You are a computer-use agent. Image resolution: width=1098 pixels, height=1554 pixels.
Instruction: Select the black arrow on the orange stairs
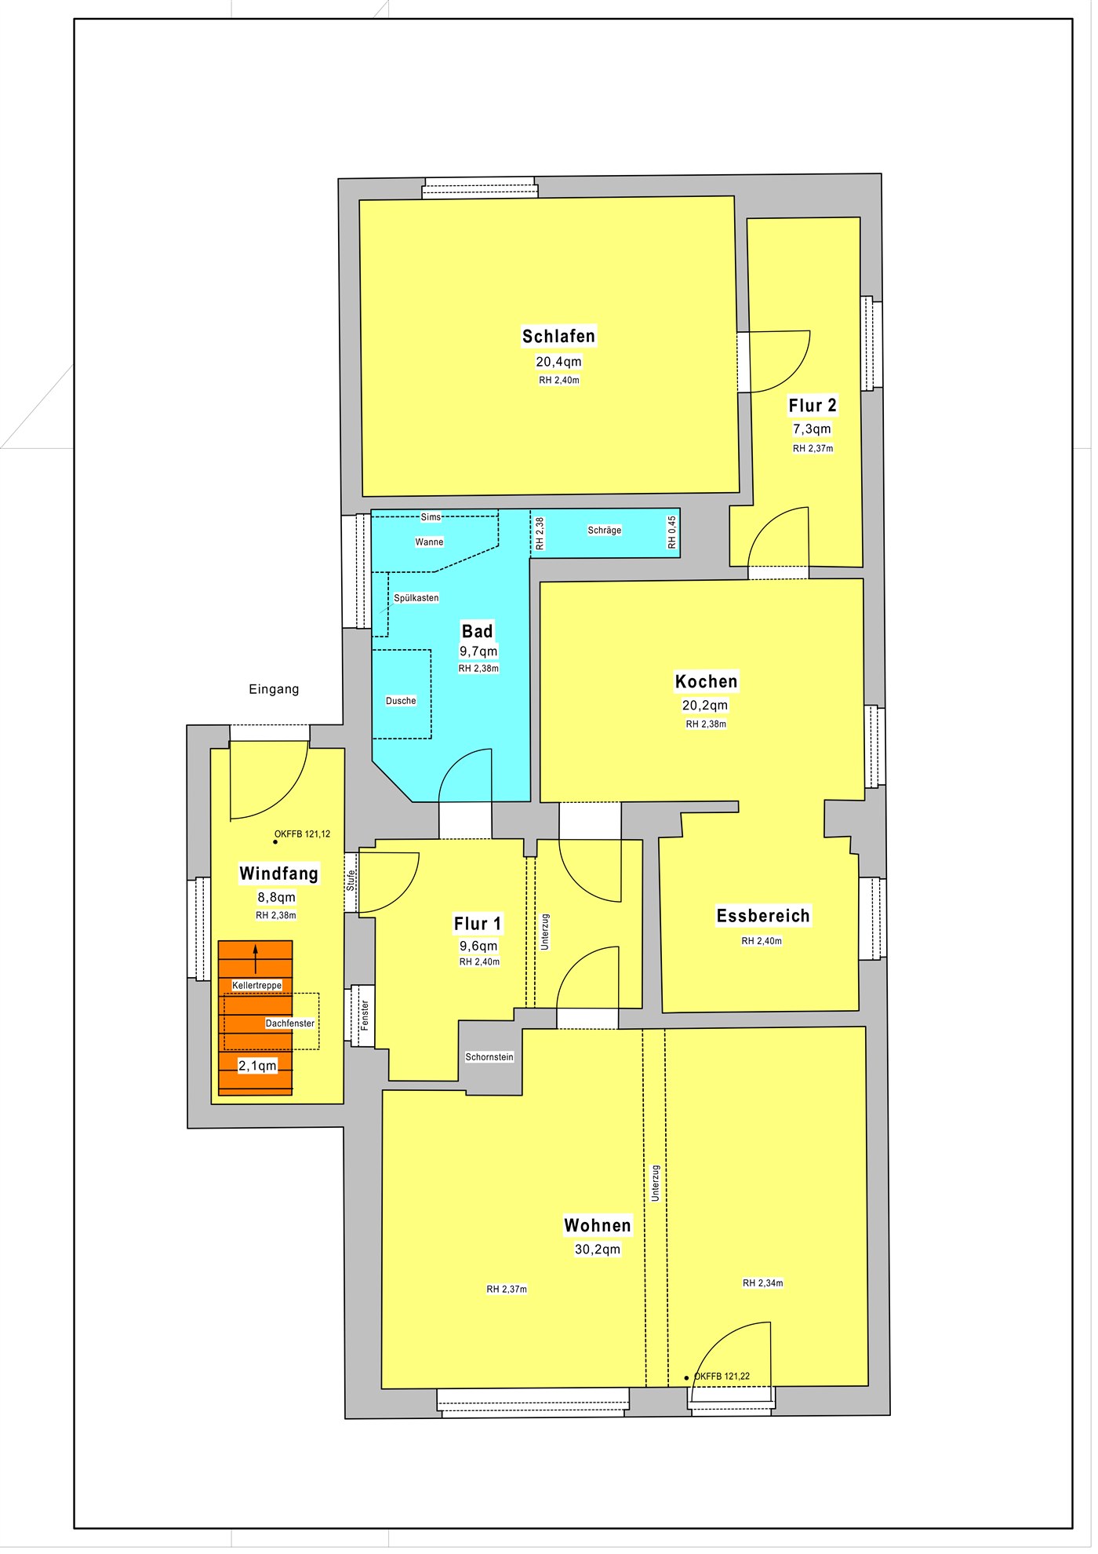pos(256,963)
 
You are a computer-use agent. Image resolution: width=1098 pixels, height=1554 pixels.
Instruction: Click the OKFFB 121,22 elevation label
pos(725,1382)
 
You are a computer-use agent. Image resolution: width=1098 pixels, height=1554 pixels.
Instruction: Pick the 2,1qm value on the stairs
pos(259,1071)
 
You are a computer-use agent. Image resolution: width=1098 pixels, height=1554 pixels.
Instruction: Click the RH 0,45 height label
pos(675,534)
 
